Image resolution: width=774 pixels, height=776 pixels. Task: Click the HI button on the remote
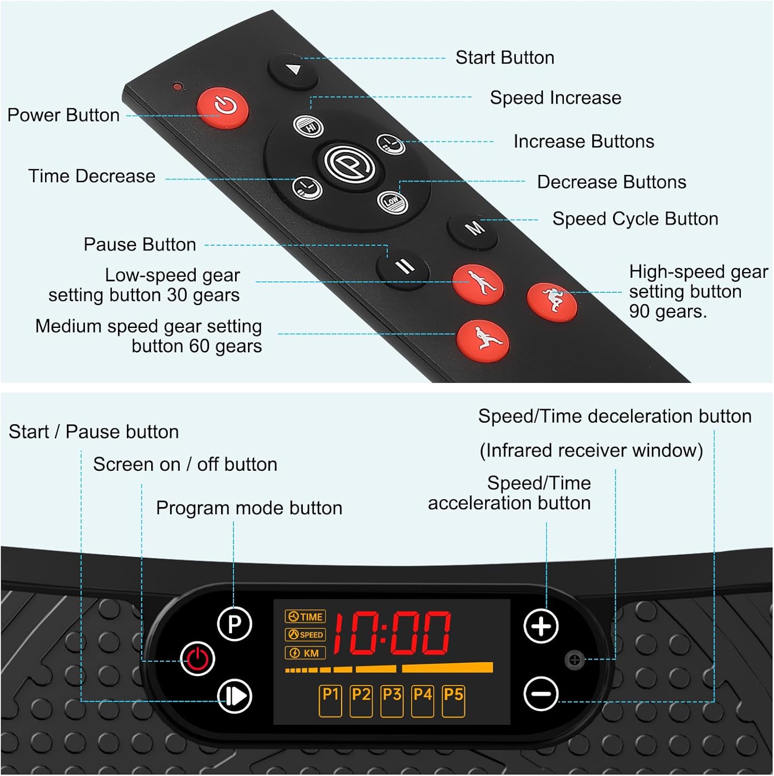[309, 126]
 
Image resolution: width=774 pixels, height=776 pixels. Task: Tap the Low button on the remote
[392, 201]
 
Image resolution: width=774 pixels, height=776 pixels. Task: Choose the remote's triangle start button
[293, 70]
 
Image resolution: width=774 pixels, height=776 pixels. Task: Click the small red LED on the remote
[178, 86]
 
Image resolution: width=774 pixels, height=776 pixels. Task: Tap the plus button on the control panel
[541, 626]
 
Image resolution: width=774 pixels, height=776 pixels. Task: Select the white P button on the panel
[235, 624]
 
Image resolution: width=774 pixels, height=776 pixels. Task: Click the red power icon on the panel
[197, 659]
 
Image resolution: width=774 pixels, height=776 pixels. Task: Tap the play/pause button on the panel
[235, 696]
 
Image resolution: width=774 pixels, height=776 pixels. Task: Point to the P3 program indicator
[392, 701]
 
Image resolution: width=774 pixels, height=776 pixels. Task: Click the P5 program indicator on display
[454, 701]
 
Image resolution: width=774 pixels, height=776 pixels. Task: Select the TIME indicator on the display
[305, 617]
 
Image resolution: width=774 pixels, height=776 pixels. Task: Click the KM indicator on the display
[305, 653]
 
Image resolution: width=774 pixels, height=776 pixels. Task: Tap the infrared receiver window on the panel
[574, 660]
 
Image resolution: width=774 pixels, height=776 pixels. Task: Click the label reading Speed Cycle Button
[635, 219]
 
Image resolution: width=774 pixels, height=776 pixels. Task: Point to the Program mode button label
[249, 508]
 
